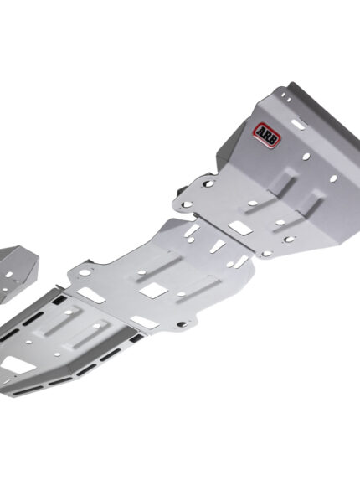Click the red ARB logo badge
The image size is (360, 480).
[266, 135]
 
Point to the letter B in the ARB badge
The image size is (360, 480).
[273, 140]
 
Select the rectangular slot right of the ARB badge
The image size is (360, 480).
[297, 124]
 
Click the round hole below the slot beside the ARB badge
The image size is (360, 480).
[306, 157]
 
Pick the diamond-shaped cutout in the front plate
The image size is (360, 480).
[241, 228]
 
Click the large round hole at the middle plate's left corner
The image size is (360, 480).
[85, 272]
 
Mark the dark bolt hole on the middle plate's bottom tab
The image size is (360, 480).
[182, 323]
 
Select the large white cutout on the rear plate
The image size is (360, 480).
[16, 364]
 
